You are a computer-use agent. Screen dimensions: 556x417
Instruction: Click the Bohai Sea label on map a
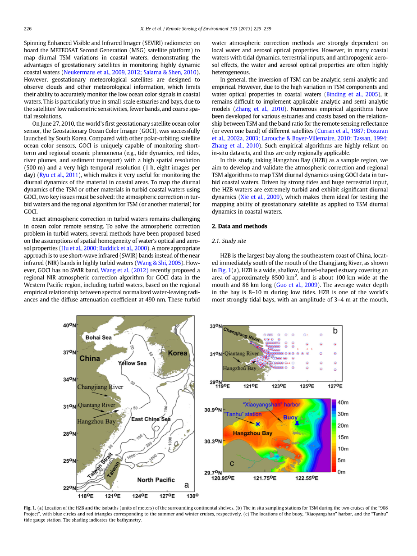[98, 337]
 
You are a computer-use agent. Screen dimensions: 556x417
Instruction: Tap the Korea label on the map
[177, 353]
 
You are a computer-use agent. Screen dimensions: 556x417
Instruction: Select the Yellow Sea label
[132, 363]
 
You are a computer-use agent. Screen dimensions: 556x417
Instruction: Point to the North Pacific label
[156, 480]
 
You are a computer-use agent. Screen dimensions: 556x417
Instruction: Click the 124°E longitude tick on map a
[141, 496]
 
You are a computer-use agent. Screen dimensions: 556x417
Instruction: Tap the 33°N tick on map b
[216, 326]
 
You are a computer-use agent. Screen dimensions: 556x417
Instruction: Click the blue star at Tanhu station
[257, 424]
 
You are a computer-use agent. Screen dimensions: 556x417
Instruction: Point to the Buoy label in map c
[290, 418]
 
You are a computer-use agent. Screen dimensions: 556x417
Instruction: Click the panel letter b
[335, 331]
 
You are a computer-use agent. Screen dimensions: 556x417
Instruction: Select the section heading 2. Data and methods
[239, 226]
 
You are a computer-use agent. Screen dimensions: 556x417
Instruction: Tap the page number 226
[27, 28]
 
